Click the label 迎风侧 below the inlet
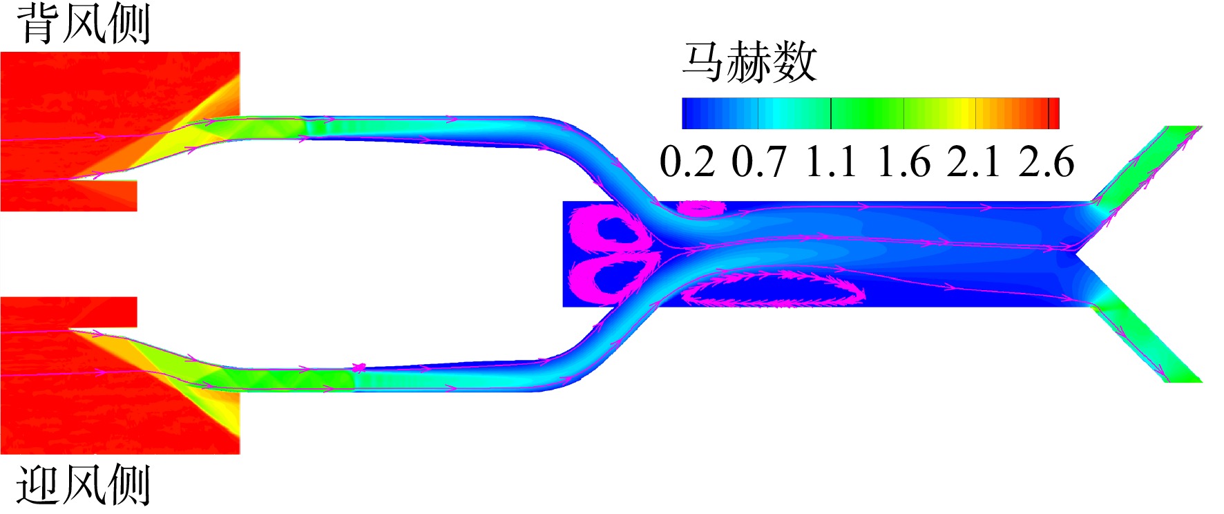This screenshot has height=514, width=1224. [x=83, y=485]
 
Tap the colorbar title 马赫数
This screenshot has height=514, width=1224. [x=749, y=62]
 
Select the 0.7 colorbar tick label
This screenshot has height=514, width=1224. [x=759, y=162]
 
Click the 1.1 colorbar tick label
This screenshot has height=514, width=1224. [x=831, y=162]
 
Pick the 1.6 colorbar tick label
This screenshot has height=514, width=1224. [x=903, y=162]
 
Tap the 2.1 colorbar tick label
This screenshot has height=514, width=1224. [x=974, y=162]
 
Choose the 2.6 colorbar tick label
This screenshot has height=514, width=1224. [x=1046, y=162]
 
